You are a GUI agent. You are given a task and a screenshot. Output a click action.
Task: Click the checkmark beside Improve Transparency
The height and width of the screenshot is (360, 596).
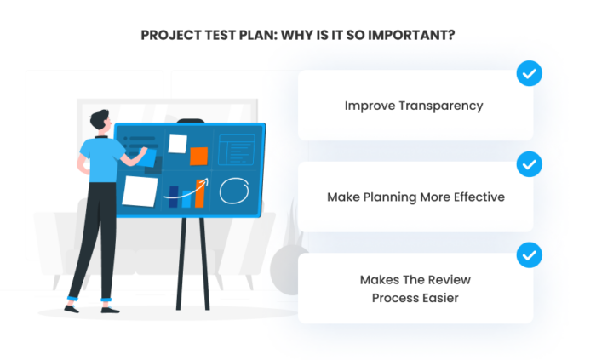[x=529, y=75]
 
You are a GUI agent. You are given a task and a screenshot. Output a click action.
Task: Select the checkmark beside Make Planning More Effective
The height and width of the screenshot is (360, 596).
[x=529, y=163]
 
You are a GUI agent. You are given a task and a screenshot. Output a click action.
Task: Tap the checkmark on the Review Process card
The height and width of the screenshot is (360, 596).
[x=529, y=254]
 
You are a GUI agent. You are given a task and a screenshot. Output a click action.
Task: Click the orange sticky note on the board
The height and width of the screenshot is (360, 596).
[x=198, y=156]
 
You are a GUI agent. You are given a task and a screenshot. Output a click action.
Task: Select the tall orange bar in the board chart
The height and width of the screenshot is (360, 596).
[x=200, y=194]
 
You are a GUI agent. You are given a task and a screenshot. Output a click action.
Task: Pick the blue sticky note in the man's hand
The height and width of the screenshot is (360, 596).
[x=147, y=157]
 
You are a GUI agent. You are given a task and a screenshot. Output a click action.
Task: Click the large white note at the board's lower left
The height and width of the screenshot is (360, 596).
[x=139, y=191]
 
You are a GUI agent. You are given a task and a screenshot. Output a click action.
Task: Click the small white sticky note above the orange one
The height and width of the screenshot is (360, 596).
[x=178, y=143]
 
